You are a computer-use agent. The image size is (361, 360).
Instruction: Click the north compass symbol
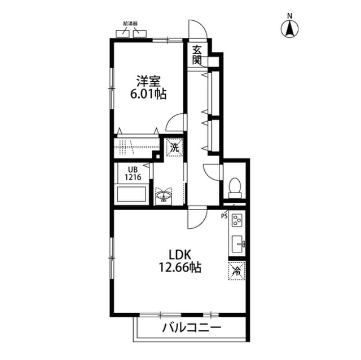tap(290, 28)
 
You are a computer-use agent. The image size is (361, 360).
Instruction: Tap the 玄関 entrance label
tap(197, 54)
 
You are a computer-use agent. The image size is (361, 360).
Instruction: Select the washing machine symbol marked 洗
tap(174, 148)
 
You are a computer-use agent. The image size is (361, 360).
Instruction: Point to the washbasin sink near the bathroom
tap(165, 197)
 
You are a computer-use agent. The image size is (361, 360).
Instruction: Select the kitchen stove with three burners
tap(237, 220)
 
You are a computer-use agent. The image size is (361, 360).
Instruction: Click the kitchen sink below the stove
tap(237, 243)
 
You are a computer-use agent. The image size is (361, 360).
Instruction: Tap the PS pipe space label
tap(224, 215)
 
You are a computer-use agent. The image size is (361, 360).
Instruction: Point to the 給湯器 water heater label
tap(130, 24)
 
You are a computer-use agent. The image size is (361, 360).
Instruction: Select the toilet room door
tap(213, 171)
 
